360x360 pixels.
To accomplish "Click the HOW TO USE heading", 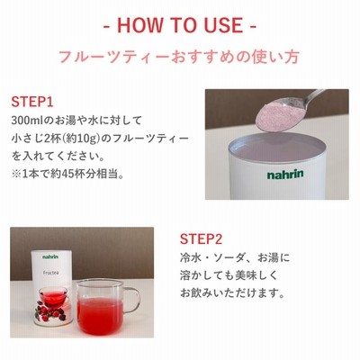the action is pos(180,25).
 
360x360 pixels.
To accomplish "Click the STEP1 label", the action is pos(32,102).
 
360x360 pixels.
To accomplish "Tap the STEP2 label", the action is pos(201,239).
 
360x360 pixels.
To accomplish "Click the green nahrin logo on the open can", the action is pos(285,175).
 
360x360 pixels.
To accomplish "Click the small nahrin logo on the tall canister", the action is pos(50,256).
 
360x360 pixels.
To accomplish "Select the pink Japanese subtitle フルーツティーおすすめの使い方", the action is pos(179,57).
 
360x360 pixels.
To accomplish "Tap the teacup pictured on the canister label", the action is pos(54,295).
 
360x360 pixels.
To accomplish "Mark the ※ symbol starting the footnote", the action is pos(15,175).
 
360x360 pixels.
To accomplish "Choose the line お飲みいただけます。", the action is pos(232,293).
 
